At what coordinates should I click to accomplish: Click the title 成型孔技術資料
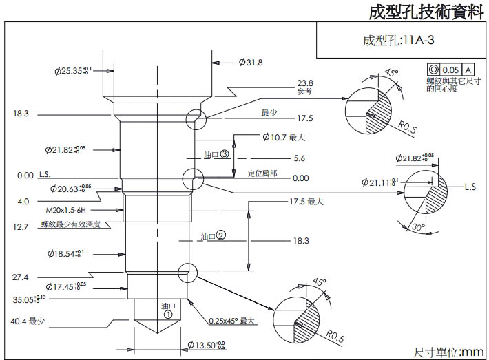(x=426, y=12)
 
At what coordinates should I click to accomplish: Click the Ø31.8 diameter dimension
(x=251, y=63)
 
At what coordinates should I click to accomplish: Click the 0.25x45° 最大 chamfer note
(x=232, y=321)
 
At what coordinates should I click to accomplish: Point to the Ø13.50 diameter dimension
(x=207, y=344)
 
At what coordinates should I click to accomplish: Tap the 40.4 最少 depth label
(x=28, y=321)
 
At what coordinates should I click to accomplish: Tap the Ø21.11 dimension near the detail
(x=379, y=182)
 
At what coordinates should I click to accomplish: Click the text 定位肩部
(x=262, y=173)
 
